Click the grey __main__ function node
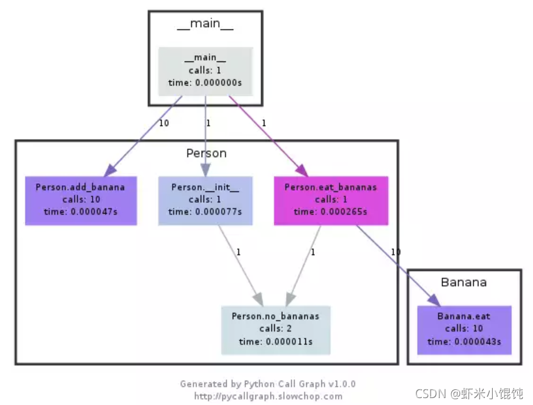(206, 72)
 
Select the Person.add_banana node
(81, 201)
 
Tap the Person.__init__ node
(206, 201)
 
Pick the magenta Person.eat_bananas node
(331, 201)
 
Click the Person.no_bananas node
(276, 330)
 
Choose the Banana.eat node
(464, 330)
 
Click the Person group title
(206, 153)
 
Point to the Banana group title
(464, 283)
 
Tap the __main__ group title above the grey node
(206, 24)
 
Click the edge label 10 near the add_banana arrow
(164, 123)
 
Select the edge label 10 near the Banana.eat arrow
(396, 252)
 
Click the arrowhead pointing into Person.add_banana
(110, 170)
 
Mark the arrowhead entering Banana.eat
(434, 300)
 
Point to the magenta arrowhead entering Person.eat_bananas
(302, 170)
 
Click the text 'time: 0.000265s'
(331, 212)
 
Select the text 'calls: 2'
(275, 328)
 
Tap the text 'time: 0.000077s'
(206, 212)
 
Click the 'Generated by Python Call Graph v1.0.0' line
(268, 384)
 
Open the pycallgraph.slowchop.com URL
(268, 396)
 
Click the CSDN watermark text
(469, 394)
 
